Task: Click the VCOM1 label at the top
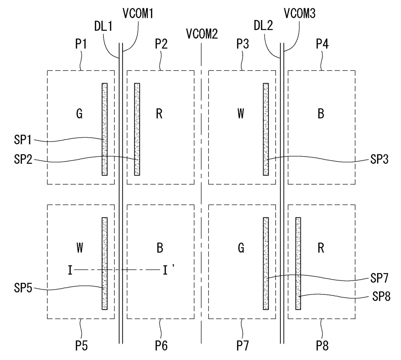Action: click(x=138, y=13)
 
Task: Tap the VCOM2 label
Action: click(x=202, y=34)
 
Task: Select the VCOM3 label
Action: click(x=299, y=13)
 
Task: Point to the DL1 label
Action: click(x=103, y=26)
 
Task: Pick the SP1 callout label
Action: click(x=23, y=140)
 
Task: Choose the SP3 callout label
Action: click(x=379, y=159)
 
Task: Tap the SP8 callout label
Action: click(x=381, y=296)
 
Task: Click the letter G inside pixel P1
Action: click(x=79, y=114)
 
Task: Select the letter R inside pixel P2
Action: click(x=159, y=114)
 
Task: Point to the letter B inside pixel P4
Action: click(x=321, y=114)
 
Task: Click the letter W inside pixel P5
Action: click(x=80, y=248)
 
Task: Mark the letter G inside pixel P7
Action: click(x=241, y=248)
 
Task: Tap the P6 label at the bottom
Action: click(x=161, y=346)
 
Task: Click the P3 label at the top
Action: click(x=243, y=44)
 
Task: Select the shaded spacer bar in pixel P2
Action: click(x=137, y=129)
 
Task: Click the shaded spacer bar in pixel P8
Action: click(x=298, y=264)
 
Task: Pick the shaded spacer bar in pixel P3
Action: click(x=266, y=129)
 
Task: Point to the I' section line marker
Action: click(x=166, y=270)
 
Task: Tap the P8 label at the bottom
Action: click(x=322, y=346)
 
